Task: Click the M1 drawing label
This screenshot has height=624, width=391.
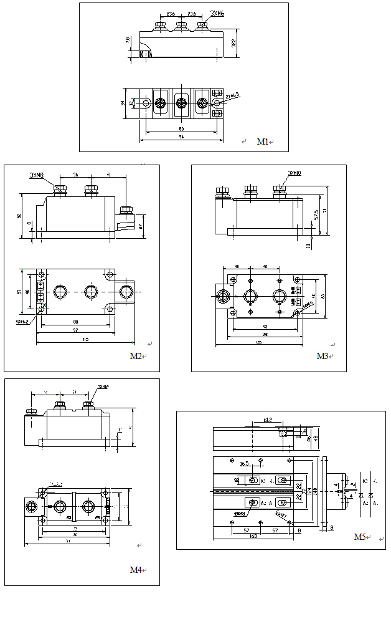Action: pyautogui.click(x=263, y=142)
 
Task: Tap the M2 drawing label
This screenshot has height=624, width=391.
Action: pyautogui.click(x=135, y=356)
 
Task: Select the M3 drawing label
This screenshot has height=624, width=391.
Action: pyautogui.click(x=322, y=356)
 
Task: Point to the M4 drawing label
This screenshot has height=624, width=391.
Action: pyautogui.click(x=135, y=570)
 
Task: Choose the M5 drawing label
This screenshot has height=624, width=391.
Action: pyautogui.click(x=359, y=536)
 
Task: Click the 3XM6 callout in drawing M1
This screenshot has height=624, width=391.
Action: pyautogui.click(x=217, y=12)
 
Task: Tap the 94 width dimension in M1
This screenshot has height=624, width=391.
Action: pyautogui.click(x=181, y=137)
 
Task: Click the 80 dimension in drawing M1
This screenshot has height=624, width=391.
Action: pyautogui.click(x=181, y=129)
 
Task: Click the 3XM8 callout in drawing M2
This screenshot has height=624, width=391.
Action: pyautogui.click(x=37, y=176)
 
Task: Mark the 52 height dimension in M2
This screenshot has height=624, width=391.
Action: pyautogui.click(x=19, y=216)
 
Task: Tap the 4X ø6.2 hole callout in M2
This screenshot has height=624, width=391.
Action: pyautogui.click(x=22, y=322)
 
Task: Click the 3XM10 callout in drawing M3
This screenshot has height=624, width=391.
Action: pyautogui.click(x=294, y=174)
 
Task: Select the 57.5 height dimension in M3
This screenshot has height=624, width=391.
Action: pyautogui.click(x=316, y=214)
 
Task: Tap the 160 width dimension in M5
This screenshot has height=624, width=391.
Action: pyautogui.click(x=253, y=535)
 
